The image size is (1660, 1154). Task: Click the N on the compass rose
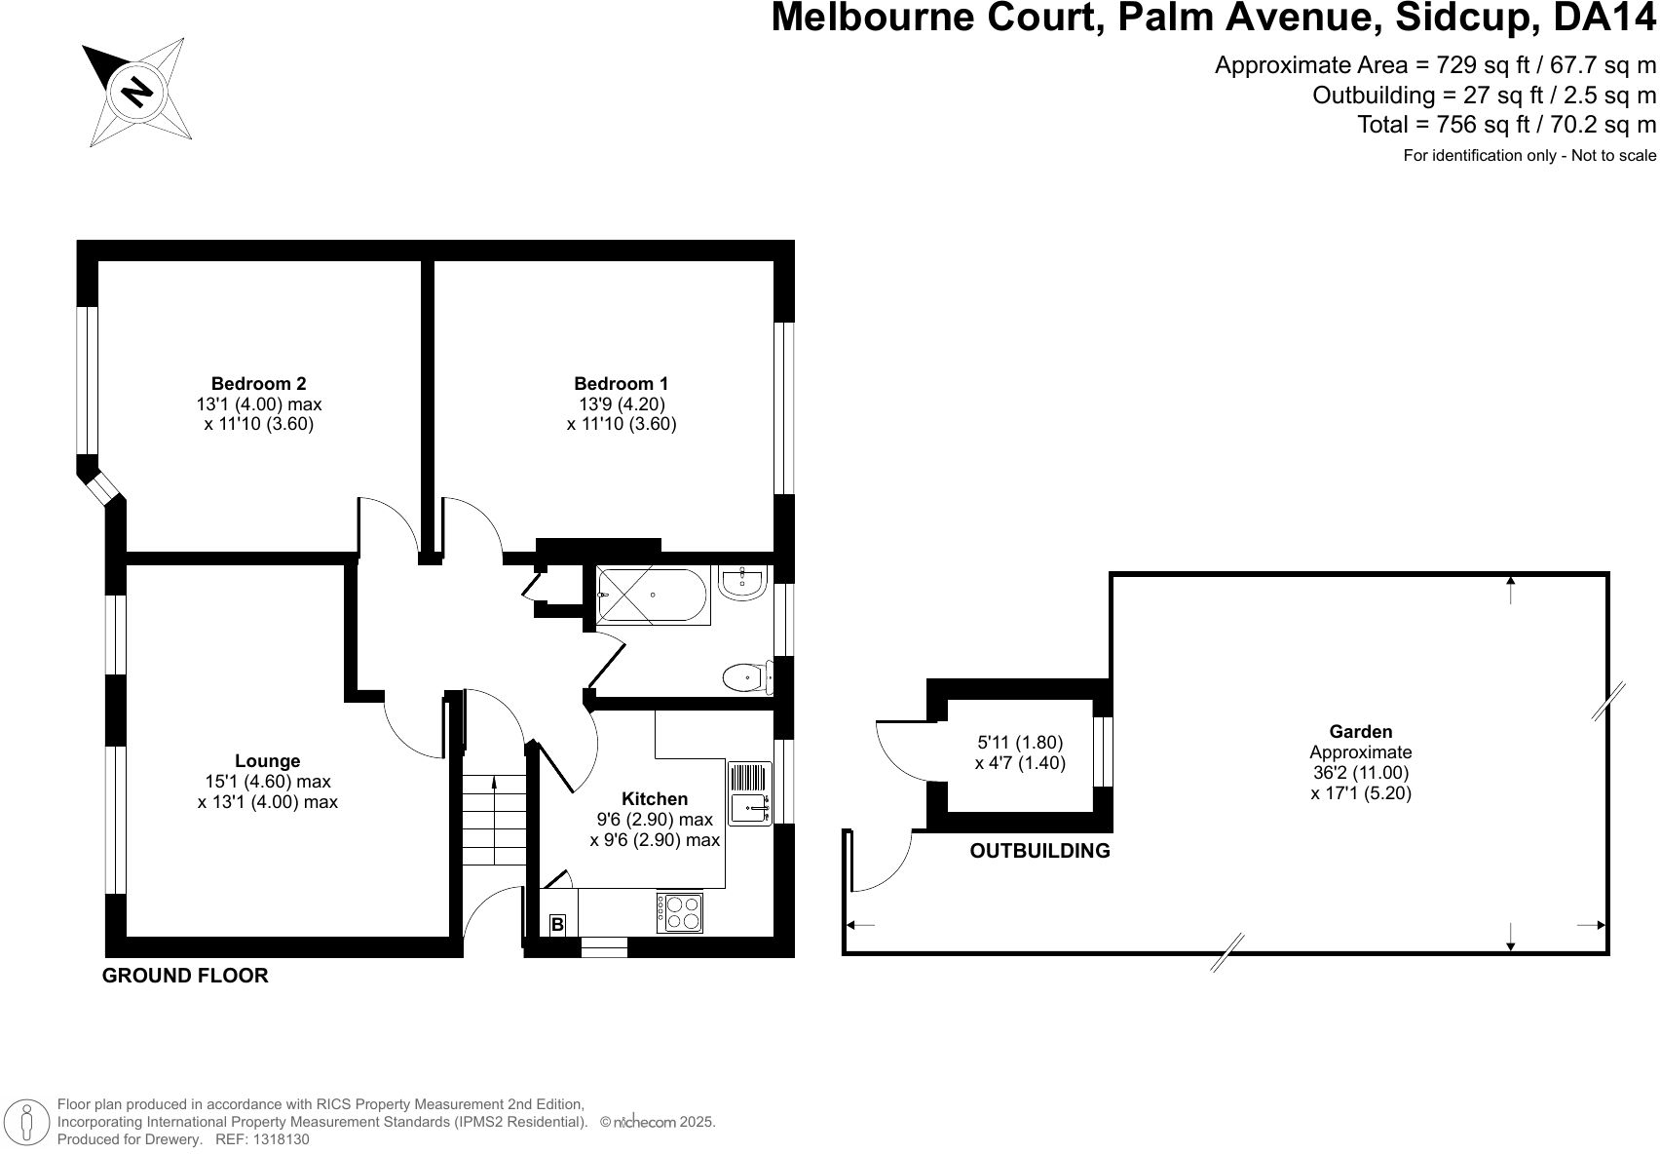(136, 92)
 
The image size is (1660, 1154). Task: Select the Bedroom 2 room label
(258, 383)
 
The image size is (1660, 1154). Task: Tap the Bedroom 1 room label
(621, 383)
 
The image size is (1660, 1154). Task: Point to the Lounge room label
(268, 761)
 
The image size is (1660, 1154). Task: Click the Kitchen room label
(655, 799)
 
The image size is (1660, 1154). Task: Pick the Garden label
(1361, 732)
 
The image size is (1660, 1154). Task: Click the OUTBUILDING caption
(1039, 851)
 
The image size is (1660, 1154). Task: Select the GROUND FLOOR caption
(185, 976)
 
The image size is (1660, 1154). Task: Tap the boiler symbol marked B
(557, 924)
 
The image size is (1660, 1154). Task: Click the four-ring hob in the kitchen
(679, 913)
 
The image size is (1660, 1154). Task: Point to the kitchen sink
(750, 793)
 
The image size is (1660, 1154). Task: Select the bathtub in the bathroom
(654, 595)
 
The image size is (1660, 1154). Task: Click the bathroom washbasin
(742, 582)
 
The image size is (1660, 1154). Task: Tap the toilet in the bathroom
(748, 677)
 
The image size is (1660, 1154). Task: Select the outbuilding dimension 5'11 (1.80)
(1020, 743)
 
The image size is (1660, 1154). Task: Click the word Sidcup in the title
(1463, 18)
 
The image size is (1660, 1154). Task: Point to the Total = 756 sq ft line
(1506, 125)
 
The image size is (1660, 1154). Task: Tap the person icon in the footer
(27, 1122)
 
